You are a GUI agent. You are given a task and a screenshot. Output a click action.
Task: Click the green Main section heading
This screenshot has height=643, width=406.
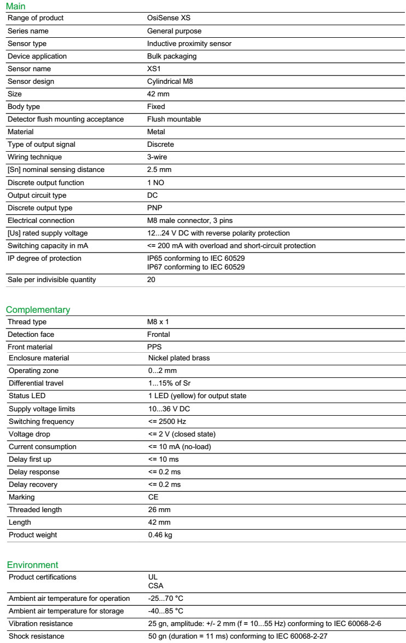[x=15, y=6]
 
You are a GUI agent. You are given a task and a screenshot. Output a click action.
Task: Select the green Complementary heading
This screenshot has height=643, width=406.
[x=38, y=310]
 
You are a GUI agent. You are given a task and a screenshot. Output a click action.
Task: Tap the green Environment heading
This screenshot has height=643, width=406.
[x=32, y=565]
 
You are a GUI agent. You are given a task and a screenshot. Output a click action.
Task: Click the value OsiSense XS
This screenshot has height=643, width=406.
[x=169, y=18]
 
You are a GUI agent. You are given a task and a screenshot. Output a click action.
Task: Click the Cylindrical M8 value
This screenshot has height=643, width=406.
[x=170, y=82]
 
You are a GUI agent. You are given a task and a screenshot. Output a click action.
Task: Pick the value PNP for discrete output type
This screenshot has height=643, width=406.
[x=154, y=208]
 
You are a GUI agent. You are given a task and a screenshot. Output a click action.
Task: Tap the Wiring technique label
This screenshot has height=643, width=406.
[x=34, y=157]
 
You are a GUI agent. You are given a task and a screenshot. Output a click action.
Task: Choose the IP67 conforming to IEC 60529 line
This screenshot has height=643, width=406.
[x=195, y=267]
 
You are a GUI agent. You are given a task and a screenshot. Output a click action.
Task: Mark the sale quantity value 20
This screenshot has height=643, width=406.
[x=151, y=280]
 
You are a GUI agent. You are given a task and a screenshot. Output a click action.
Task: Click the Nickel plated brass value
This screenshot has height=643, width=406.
[x=179, y=358]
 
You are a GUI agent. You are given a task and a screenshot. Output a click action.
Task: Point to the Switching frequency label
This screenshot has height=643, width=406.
[x=41, y=422]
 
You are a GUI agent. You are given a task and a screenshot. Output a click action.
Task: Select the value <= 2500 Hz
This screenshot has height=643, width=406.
[x=167, y=422]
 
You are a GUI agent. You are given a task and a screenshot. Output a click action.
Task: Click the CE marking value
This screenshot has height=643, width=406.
[x=153, y=497]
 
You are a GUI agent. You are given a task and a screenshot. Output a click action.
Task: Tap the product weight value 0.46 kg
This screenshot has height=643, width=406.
[x=160, y=535]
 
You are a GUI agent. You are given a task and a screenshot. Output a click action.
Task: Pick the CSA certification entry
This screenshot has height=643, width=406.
[x=155, y=585]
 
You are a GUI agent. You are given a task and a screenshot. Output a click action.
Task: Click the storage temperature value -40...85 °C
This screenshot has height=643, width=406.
[x=166, y=611]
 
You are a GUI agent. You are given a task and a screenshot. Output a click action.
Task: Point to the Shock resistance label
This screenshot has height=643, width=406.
[x=36, y=636]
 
